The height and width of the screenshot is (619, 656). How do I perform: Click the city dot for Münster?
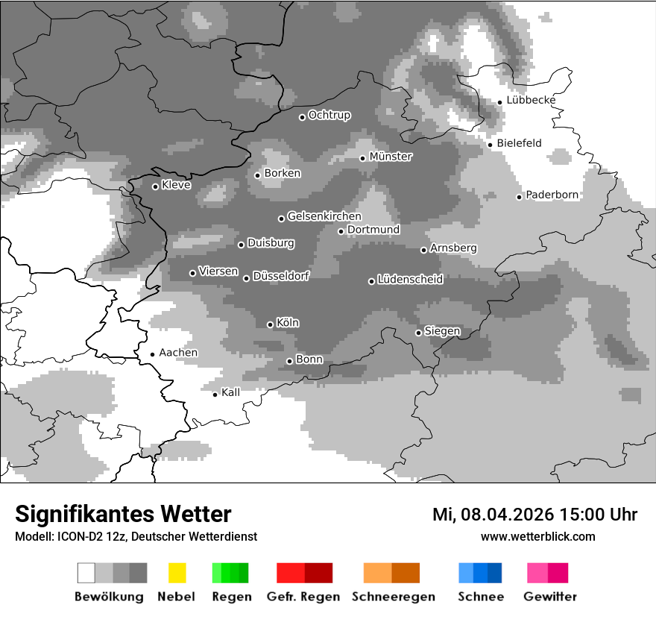363,158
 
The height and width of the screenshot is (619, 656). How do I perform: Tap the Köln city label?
288,323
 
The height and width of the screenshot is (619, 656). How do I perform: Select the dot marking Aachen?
152,355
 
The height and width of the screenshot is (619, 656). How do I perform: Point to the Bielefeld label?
520,143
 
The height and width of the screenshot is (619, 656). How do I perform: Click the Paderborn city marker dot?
520,197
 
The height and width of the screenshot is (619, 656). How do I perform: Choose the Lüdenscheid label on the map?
410,280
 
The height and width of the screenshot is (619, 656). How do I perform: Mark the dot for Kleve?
155,186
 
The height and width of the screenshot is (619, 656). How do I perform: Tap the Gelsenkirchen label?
324,216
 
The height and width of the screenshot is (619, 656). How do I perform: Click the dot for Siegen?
418,333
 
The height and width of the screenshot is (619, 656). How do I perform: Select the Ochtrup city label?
329,116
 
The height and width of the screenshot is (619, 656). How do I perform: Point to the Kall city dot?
215,395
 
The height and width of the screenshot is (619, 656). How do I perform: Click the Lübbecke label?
531,100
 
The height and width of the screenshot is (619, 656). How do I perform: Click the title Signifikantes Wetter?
123,515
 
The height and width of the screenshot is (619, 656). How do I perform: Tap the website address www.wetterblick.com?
537,536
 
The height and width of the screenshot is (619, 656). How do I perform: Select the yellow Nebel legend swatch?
177,573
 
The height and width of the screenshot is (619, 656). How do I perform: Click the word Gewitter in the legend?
550,597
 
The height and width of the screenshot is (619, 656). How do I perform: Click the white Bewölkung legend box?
86,573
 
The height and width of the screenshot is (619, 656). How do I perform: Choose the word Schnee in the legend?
480,597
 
